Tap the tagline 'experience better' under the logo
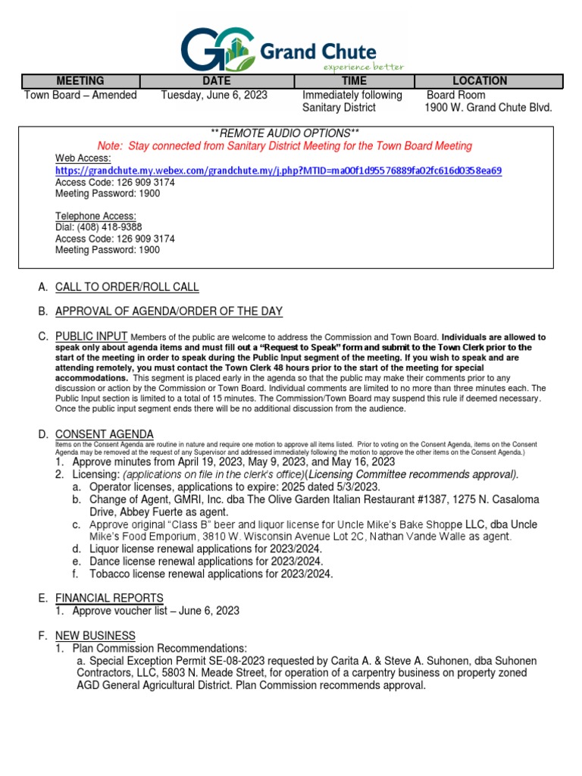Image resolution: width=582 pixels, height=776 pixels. coord(363,67)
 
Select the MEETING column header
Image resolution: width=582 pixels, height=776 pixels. coord(80,81)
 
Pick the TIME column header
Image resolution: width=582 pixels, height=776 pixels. coord(354,81)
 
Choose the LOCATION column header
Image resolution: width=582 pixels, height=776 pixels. coord(480,81)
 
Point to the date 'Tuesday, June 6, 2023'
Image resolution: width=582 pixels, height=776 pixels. coord(214,95)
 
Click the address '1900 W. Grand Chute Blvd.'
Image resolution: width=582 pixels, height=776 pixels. coord(488,108)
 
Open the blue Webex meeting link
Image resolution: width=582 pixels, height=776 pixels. coord(278,171)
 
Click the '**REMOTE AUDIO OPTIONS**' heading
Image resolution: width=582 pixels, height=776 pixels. coord(284,133)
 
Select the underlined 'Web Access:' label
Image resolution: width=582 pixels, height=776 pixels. coord(83,158)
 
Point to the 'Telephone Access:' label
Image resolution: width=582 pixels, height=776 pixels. coord(95,216)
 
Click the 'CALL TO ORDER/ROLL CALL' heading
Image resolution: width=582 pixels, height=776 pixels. coord(127,287)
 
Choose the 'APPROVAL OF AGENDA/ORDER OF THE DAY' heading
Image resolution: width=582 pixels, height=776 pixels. coord(169,311)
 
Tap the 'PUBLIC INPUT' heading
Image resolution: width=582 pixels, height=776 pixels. coord(91,336)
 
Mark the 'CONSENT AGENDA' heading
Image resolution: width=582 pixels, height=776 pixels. coord(105,434)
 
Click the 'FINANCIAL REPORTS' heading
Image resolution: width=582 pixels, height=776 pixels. coord(109,598)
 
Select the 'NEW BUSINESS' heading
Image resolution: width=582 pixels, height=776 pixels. coord(95,636)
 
